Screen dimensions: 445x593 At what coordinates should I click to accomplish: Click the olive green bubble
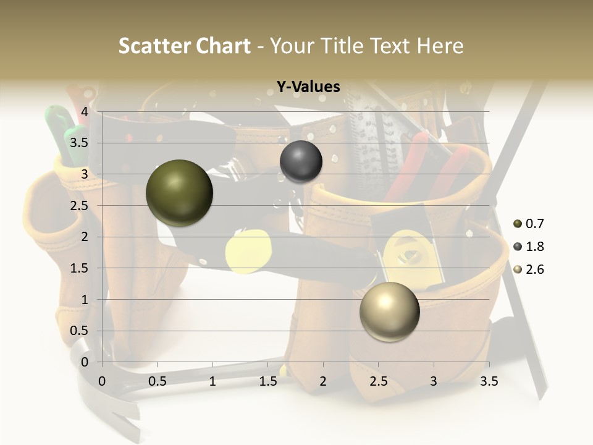[179, 193]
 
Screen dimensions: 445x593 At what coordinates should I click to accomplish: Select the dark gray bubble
[301, 161]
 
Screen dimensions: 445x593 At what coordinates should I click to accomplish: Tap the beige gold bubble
[389, 311]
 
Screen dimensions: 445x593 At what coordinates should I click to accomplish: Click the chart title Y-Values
[308, 87]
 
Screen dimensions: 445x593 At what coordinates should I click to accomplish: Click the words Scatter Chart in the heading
[184, 46]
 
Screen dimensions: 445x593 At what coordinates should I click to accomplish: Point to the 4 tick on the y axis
[85, 112]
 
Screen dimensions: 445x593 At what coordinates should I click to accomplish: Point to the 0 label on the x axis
[103, 381]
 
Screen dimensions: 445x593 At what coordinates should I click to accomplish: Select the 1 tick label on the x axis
[212, 381]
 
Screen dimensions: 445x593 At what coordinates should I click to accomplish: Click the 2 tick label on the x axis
[323, 381]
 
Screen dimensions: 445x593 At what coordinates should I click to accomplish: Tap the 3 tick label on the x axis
[434, 381]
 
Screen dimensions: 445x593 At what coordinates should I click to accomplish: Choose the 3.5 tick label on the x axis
[489, 381]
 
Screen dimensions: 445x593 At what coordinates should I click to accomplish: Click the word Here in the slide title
[440, 46]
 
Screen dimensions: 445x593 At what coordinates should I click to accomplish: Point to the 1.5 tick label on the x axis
[267, 381]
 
